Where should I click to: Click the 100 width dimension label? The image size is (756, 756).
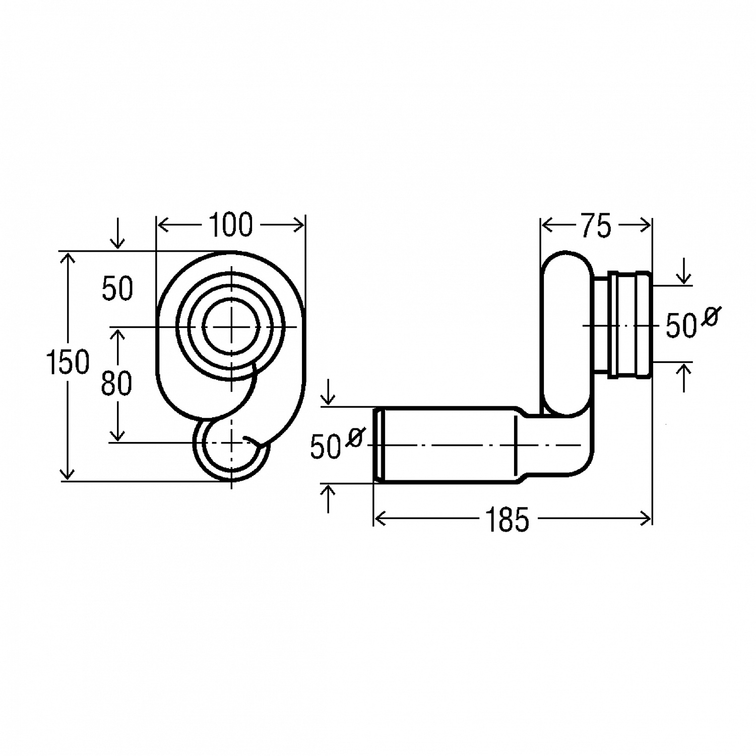230,225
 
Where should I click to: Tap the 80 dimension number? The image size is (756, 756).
116,383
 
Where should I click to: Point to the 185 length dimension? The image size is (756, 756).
507,519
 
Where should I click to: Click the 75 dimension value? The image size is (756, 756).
596,226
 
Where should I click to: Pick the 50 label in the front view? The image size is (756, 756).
117,289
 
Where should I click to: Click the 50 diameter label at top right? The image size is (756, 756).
681,326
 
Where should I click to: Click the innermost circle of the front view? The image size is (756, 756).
231,327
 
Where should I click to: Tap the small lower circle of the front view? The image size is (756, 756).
231,449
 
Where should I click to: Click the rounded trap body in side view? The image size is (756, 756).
568,333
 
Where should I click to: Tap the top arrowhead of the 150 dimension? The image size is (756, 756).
67,258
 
